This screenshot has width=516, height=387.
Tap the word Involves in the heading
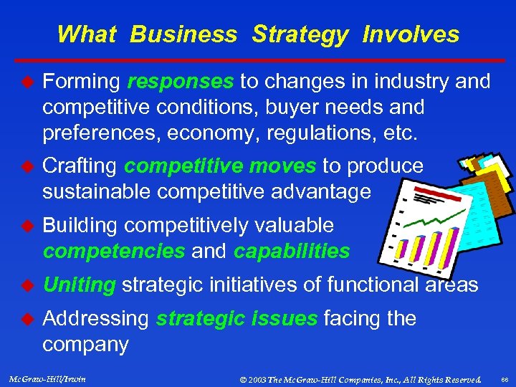point(411,34)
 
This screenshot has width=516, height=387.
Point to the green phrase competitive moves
point(220,166)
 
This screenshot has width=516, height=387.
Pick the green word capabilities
point(292,252)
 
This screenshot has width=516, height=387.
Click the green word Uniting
point(79,285)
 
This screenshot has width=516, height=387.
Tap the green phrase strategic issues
point(236,318)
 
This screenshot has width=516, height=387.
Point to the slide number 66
point(504,378)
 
